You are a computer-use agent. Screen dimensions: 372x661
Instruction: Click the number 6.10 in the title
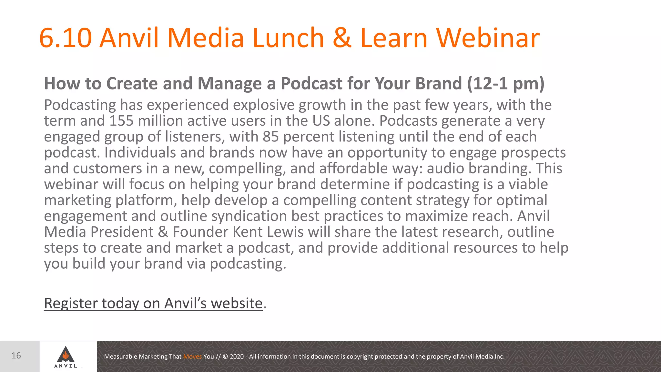[x=65, y=38]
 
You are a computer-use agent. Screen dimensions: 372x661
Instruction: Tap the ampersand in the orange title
[x=342, y=38]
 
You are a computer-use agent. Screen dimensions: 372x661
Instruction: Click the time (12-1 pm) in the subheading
[x=506, y=84]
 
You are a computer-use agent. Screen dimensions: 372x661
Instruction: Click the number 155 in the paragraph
[x=121, y=121]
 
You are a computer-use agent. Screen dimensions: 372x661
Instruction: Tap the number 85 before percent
[x=270, y=137]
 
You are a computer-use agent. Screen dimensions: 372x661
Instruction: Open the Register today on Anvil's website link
[x=153, y=303]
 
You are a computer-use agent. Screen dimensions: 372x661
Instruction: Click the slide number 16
[x=16, y=356]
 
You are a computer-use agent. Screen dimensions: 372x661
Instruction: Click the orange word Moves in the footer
[x=192, y=356]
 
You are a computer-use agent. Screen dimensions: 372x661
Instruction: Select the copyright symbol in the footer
[x=225, y=356]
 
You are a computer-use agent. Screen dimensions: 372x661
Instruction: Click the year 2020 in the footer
[x=237, y=356]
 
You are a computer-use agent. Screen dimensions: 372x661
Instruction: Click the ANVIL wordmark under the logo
[x=66, y=366]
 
